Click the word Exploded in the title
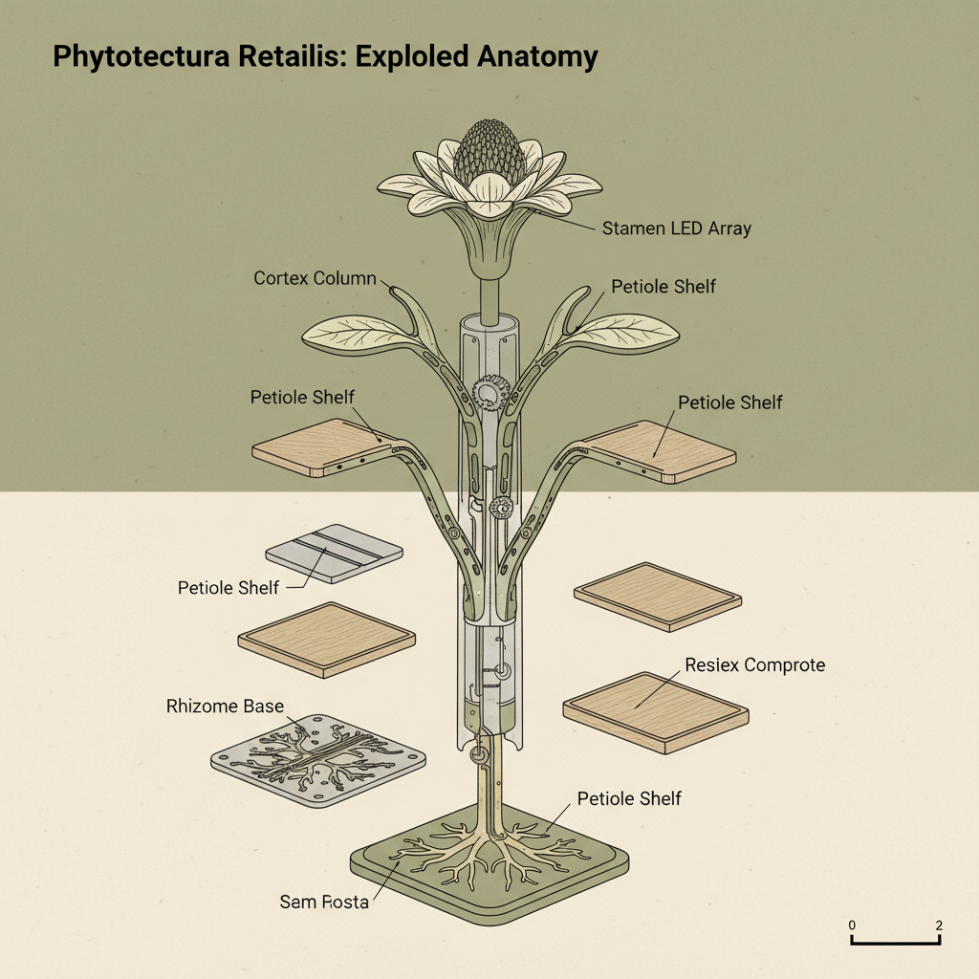(x=412, y=56)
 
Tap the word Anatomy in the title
(x=536, y=56)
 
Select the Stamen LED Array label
(x=676, y=228)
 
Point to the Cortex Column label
(x=316, y=278)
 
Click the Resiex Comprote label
(x=754, y=664)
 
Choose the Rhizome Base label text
(x=225, y=707)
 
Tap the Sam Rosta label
(x=324, y=902)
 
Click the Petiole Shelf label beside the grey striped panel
(x=228, y=587)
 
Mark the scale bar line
(x=897, y=943)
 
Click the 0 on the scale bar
(x=852, y=925)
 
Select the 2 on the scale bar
(x=940, y=925)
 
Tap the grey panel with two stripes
(x=333, y=554)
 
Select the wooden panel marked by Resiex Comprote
(x=655, y=710)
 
